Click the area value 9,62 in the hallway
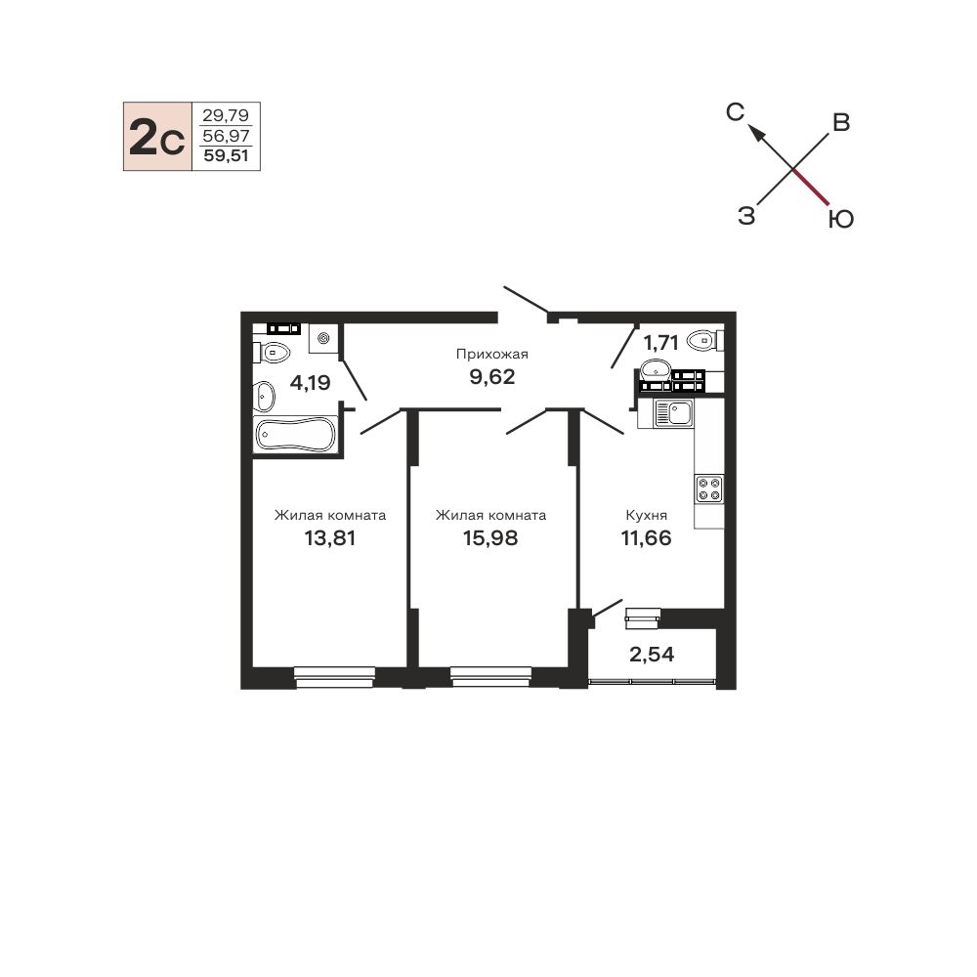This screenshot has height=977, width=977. [492, 377]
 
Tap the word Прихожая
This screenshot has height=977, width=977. [492, 354]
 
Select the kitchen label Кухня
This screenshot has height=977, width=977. [646, 515]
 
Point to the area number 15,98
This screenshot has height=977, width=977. [490, 537]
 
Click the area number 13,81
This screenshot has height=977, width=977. [329, 537]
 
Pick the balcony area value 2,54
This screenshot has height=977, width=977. [652, 655]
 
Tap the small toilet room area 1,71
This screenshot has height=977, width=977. [660, 342]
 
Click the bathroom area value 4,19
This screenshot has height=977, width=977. [311, 382]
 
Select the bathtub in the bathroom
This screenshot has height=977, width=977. [295, 435]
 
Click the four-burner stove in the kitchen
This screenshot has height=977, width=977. [709, 489]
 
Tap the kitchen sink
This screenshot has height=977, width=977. [673, 413]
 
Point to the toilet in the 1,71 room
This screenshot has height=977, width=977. [705, 341]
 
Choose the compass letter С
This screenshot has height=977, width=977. [736, 112]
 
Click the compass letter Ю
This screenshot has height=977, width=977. [840, 219]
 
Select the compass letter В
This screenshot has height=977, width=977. [841, 123]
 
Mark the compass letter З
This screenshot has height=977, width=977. [746, 216]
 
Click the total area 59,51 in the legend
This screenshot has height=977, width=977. [227, 155]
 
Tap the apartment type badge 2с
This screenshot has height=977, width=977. [157, 137]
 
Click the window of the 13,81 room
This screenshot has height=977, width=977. [334, 677]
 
